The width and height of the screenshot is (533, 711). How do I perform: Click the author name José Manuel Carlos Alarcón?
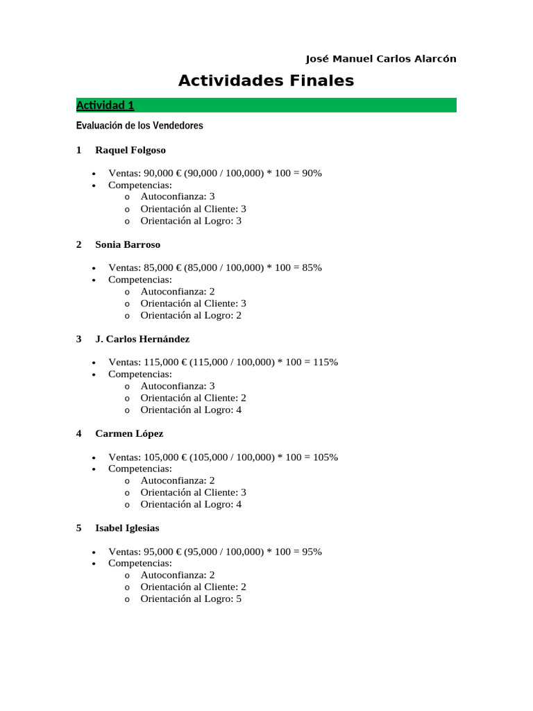tap(381, 59)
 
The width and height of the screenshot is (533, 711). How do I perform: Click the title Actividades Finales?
tap(266, 81)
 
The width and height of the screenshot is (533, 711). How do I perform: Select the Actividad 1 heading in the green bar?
tap(105, 106)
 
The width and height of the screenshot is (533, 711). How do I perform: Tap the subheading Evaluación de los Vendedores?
tap(139, 126)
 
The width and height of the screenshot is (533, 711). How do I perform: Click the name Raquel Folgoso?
tap(130, 150)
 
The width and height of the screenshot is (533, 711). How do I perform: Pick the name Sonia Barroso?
tap(128, 244)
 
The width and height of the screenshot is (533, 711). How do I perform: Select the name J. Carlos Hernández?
tap(142, 339)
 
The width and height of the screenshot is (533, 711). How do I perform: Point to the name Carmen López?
tap(129, 433)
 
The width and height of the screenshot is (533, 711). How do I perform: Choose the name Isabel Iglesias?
tap(127, 528)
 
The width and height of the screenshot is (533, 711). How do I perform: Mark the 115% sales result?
tap(325, 362)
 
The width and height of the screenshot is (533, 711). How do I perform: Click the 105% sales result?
tap(325, 457)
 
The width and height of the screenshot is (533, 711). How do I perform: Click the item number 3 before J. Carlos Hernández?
tap(79, 339)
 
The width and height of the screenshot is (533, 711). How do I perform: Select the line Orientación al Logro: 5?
tap(191, 599)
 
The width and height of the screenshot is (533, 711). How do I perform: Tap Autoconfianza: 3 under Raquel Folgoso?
tap(178, 196)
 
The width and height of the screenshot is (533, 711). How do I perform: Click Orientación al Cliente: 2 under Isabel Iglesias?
tap(193, 587)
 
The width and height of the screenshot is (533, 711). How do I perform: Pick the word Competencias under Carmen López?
tap(139, 469)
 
